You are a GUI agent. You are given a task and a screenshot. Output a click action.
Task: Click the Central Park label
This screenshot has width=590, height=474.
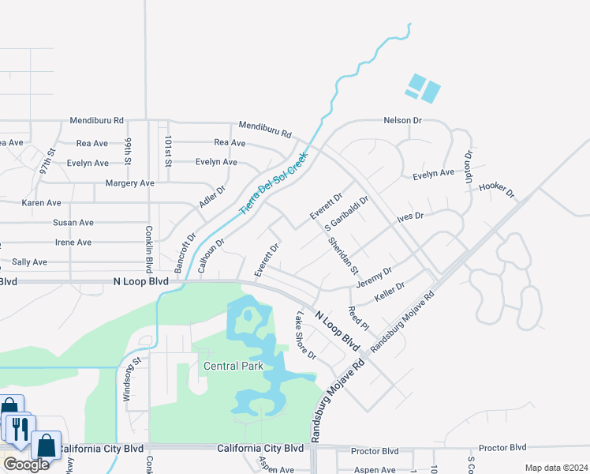coord(233,366)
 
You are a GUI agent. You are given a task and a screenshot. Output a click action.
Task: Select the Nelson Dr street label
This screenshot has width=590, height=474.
coord(403,121)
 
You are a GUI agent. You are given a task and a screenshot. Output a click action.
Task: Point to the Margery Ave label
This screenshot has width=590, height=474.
coord(130,183)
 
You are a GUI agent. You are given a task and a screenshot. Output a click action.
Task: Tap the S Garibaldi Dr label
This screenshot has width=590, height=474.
coord(348,214)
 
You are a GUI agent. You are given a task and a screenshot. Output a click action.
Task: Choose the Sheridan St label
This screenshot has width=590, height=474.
coord(343,256)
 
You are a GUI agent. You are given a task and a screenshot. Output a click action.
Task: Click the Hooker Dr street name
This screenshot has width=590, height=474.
coord(497,188)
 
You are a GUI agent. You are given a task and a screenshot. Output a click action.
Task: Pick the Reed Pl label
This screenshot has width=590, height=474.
coord(359,318)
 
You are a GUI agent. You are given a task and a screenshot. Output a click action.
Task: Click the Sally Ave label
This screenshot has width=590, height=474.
coord(30,261)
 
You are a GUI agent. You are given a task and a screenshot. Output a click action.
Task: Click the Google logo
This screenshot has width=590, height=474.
coord(26,465)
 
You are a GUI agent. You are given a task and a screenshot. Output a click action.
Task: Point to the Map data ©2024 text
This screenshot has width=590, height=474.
coord(555,468)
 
